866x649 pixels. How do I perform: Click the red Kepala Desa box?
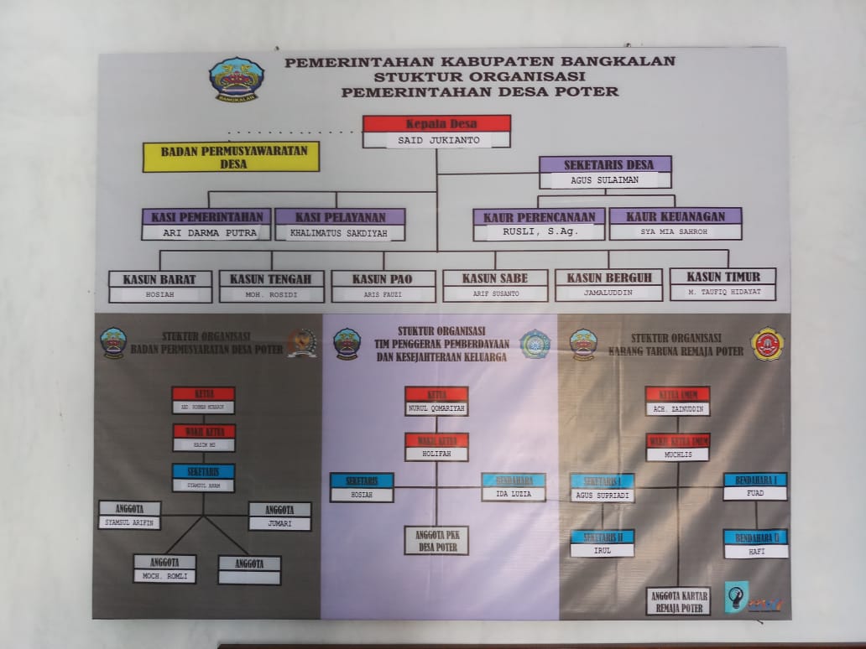click(436, 124)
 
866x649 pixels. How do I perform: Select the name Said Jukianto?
click(436, 140)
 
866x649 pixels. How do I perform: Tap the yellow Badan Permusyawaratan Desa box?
click(231, 157)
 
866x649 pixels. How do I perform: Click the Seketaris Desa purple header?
click(605, 164)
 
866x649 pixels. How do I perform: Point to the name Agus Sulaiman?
click(605, 180)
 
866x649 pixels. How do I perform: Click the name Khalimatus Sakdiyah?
click(340, 232)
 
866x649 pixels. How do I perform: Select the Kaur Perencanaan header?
click(539, 216)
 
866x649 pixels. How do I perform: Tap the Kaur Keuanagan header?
click(676, 216)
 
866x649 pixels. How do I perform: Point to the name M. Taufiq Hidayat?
click(722, 293)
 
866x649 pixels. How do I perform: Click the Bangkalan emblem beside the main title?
click(236, 79)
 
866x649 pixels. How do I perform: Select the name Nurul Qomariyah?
click(436, 409)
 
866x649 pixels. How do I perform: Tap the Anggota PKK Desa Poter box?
click(436, 541)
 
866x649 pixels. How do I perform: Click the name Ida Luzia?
click(513, 495)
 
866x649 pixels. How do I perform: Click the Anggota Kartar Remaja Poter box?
click(678, 601)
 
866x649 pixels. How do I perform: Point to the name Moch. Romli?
click(164, 577)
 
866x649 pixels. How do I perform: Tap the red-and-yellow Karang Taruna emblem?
click(767, 344)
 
